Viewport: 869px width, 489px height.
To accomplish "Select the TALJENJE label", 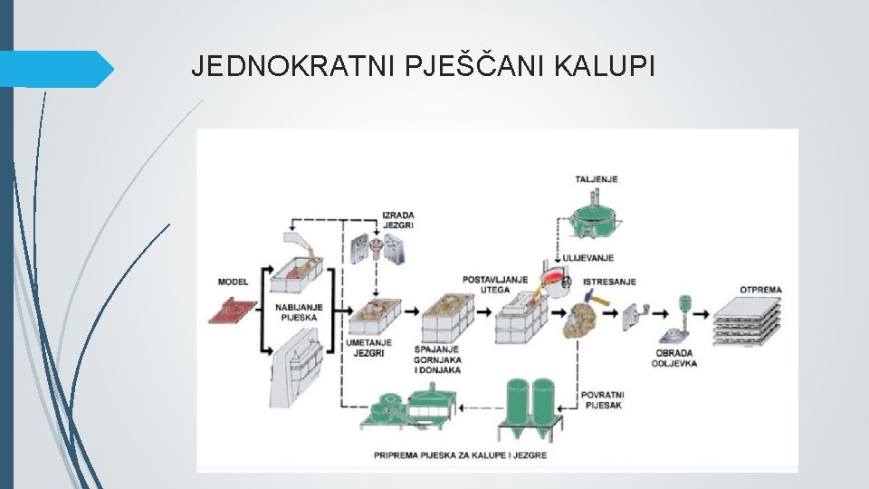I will (x=596, y=179).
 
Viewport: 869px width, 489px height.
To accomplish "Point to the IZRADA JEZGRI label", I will (x=397, y=220).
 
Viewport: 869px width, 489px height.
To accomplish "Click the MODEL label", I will (x=233, y=282).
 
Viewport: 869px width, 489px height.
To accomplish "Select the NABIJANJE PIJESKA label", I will (x=294, y=312).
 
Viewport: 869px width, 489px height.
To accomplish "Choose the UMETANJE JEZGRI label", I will (x=368, y=348).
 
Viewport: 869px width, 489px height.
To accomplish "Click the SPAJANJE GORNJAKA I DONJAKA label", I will (x=437, y=360).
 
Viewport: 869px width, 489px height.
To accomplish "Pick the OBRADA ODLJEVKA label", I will (x=673, y=358).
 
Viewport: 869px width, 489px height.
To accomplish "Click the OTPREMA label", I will (x=760, y=290).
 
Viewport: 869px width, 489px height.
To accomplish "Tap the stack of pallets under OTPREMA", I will (x=745, y=321).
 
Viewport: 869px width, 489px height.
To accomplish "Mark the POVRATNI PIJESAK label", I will (x=602, y=399).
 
